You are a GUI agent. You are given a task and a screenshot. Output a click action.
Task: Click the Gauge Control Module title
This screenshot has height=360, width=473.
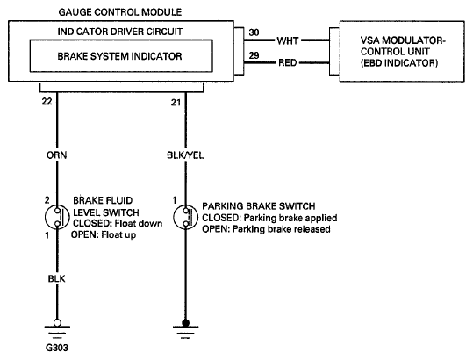coord(120,12)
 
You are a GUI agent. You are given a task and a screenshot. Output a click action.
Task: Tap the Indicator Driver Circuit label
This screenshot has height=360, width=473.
coord(120,32)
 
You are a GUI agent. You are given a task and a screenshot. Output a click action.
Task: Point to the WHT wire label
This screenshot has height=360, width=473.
coord(288,40)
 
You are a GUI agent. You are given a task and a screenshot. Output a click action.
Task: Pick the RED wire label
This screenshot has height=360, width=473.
coord(288,62)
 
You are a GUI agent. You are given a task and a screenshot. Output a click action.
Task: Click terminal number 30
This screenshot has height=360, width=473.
coord(254,32)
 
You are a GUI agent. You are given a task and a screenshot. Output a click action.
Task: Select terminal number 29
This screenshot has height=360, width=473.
coord(254,55)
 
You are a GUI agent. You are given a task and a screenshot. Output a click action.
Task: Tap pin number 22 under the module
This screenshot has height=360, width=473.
coord(47,101)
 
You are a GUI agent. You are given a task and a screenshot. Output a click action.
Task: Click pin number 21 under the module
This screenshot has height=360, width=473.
coord(176,103)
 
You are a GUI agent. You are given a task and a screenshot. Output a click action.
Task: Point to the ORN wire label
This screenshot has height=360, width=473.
coord(57,155)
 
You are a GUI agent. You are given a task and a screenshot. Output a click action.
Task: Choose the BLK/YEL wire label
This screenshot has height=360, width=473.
coord(185,155)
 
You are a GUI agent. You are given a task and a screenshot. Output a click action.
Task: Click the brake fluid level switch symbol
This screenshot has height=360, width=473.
coord(57,217)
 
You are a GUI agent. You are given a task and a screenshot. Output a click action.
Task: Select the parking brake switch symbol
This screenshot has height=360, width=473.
coord(186,217)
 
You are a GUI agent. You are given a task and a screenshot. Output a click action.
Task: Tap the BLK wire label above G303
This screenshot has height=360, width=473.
coord(56,278)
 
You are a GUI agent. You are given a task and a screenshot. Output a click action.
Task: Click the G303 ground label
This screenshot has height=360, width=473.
coord(57,348)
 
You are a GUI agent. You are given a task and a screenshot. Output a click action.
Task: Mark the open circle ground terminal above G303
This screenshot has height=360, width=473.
coord(57,323)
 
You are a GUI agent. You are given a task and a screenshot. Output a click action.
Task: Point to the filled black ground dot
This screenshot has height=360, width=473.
coord(185,323)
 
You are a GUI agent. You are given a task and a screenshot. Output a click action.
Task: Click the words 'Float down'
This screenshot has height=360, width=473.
coord(139,224)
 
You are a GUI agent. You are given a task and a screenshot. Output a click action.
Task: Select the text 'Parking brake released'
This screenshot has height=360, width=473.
coord(281,229)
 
